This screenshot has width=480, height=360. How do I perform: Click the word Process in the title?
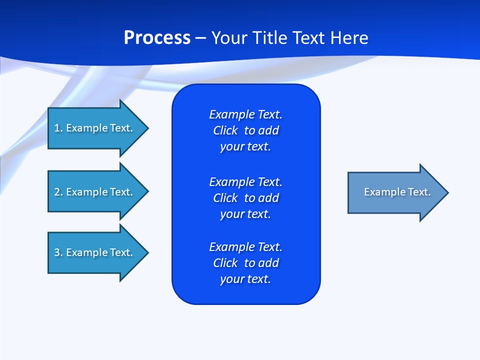coord(157,38)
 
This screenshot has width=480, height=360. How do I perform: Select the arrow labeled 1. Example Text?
coord(93,128)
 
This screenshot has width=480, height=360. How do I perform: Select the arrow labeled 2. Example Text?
coord(93,192)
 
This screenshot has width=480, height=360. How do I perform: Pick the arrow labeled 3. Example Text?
coord(93,252)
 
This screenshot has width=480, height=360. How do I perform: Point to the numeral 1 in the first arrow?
coord(57,128)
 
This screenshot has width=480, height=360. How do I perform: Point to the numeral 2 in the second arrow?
coord(57,192)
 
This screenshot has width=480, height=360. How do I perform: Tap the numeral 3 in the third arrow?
coord(57,252)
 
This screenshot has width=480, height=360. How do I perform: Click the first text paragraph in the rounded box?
coord(245,130)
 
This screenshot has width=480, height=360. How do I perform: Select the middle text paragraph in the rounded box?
coord(245,198)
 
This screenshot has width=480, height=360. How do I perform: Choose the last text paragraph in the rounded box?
coord(245,263)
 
